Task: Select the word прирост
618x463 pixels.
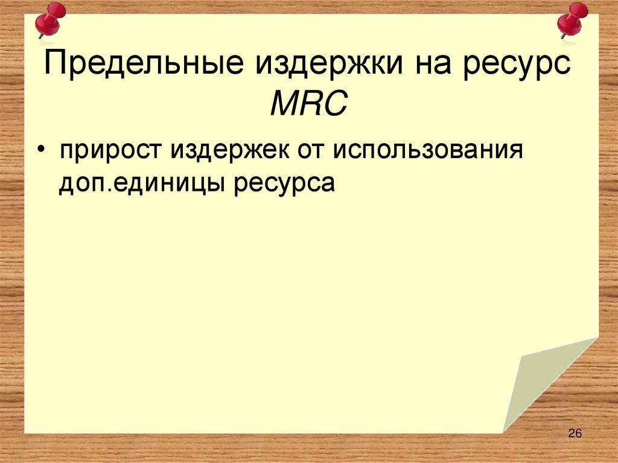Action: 110,150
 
